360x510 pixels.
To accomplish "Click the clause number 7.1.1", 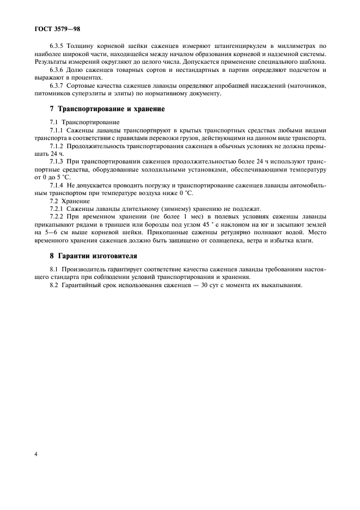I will pyautogui.click(x=57, y=130).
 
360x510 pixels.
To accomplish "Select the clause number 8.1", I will pyautogui.click(x=53, y=269).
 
